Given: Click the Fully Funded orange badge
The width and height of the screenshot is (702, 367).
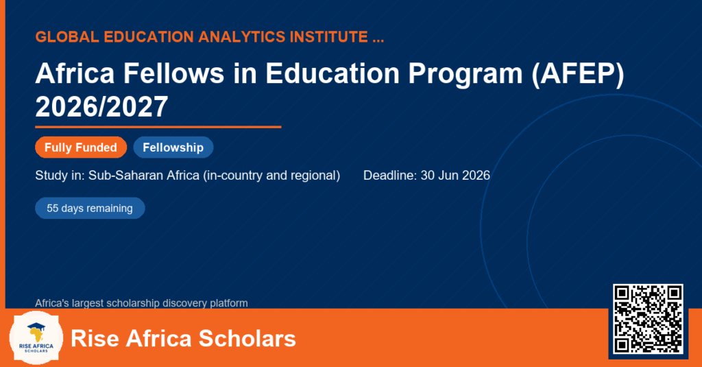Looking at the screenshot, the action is point(81,147).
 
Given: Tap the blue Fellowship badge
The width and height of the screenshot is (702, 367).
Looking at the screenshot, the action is point(173,147).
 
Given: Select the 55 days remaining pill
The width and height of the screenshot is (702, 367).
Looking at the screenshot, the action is point(90,209).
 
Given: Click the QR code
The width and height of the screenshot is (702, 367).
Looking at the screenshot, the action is point(648,319).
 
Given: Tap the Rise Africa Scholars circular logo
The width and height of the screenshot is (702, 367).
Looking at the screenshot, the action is point(36,338).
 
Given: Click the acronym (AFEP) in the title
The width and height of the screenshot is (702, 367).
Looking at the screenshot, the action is point(577,73).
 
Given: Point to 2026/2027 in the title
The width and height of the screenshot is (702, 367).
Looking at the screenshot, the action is point(101,106).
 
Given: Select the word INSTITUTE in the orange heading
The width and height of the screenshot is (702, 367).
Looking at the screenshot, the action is point(328,37).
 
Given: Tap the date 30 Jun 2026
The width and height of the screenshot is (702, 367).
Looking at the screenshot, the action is point(455,175).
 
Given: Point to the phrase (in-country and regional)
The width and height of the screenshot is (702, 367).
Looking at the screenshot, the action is point(271,175).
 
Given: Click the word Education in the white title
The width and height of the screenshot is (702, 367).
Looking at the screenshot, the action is point(332,73).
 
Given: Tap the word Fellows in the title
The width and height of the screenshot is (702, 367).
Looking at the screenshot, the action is point(173,73).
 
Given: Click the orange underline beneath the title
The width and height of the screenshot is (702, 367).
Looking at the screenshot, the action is point(158,128).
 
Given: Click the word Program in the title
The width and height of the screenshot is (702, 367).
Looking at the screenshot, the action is point(465,73).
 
